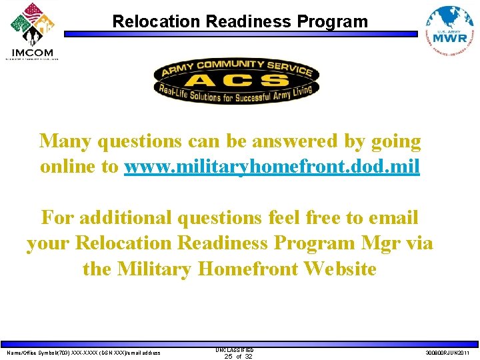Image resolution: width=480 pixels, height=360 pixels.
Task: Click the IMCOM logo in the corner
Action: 32,31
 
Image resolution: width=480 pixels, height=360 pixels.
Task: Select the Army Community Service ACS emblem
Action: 236,80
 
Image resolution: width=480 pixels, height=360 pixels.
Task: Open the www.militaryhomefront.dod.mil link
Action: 272,167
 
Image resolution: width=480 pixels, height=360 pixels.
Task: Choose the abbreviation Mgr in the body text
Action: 380,243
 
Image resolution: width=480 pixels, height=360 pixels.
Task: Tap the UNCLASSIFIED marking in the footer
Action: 234,349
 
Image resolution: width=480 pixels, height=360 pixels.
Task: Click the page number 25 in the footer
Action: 228,357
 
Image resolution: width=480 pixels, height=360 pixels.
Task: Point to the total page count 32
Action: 248,357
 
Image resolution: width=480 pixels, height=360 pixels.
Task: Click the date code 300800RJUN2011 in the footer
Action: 447,353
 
